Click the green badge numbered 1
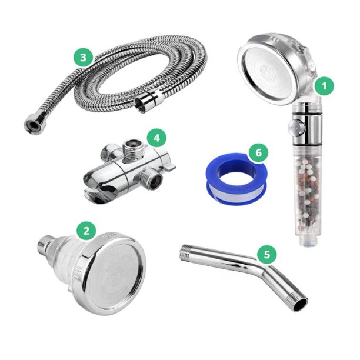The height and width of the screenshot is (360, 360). (x=323, y=86)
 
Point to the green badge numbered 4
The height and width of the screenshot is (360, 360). (x=156, y=139)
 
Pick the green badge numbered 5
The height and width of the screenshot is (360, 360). (x=267, y=255)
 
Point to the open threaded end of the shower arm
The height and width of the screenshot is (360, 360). (x=300, y=305)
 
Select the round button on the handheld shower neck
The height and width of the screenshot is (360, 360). (x=294, y=126)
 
